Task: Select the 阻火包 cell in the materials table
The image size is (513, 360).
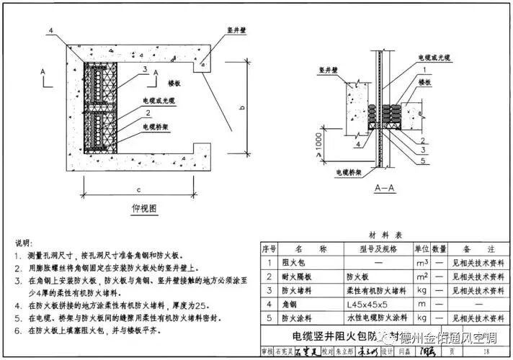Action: (x=293, y=262)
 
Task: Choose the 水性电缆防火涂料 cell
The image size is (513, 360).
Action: (x=377, y=318)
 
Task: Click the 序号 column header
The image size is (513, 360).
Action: (x=269, y=248)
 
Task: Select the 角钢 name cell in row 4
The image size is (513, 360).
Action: (x=290, y=304)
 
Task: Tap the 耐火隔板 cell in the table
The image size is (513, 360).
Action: (x=296, y=276)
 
